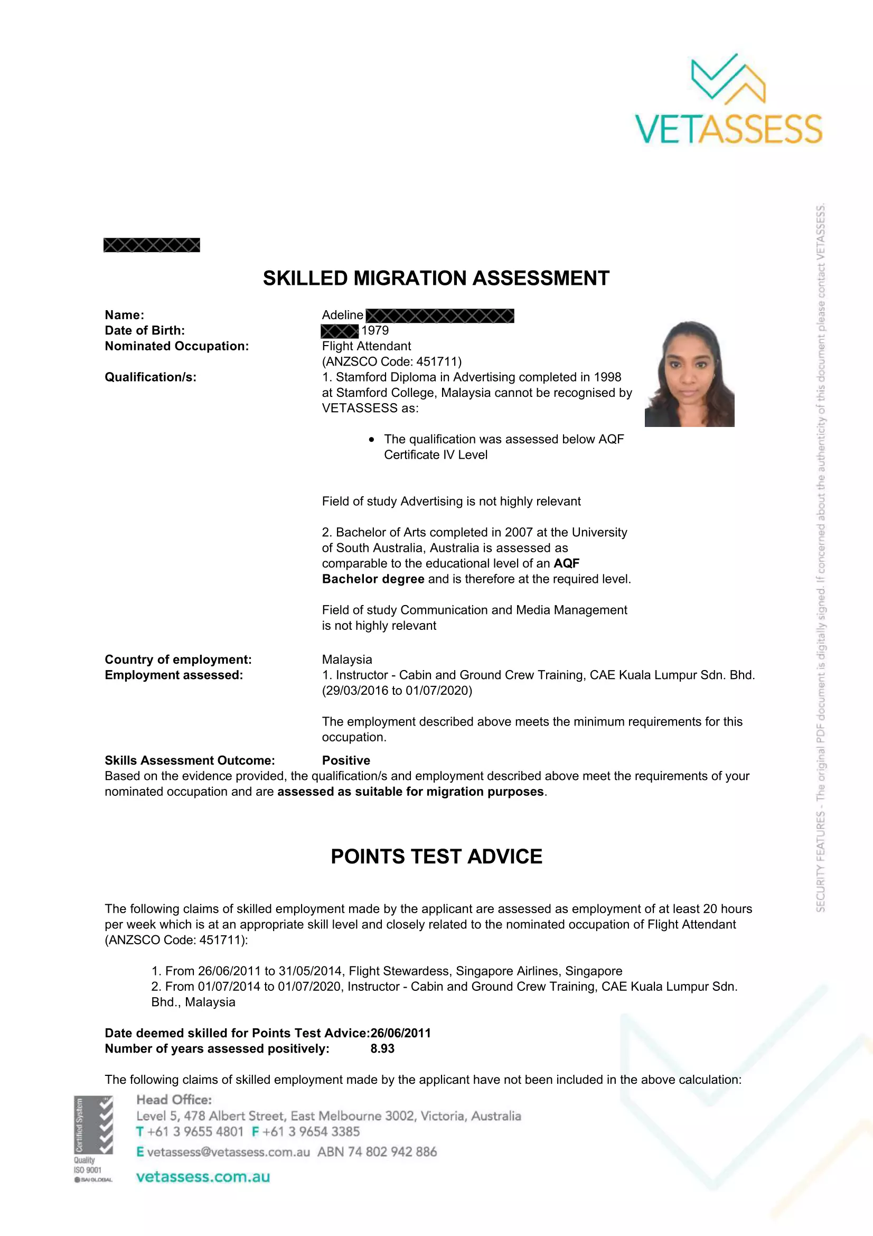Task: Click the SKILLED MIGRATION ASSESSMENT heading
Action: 436,278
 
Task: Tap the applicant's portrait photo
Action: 689,374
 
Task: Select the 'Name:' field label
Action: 124,315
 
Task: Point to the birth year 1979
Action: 375,330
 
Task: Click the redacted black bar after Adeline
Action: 439,315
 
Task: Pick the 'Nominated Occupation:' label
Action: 176,346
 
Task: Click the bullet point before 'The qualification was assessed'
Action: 372,439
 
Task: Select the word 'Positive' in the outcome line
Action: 346,760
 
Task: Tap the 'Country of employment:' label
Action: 178,659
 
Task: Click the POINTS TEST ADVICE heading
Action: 436,857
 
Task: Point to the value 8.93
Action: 382,1048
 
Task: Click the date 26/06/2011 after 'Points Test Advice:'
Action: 401,1033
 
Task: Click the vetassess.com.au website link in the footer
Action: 203,1177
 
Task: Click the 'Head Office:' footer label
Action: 174,1100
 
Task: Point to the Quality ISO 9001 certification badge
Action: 93,1138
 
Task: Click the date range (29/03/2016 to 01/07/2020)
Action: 397,691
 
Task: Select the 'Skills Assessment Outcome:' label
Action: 190,760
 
